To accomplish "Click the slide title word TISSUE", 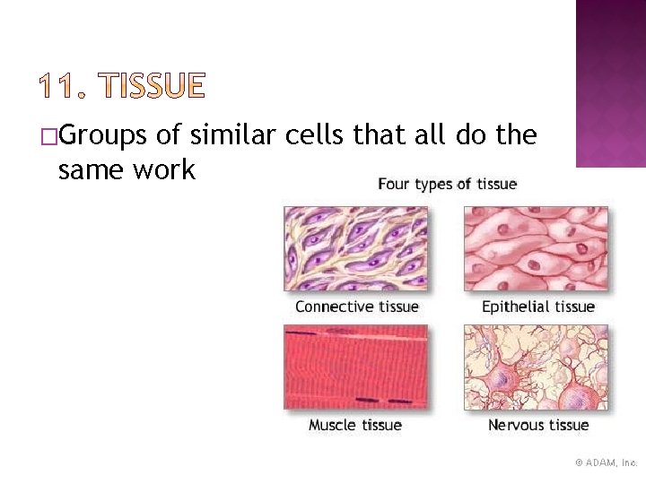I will point(154,86).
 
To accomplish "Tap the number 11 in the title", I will point(59,86).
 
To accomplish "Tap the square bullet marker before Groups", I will point(48,137).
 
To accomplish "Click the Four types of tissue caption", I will point(447,185).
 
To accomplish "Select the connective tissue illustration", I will point(356,248).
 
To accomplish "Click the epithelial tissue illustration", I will point(536,248).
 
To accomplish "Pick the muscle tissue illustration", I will point(356,367).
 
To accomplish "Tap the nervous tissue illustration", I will point(536,367).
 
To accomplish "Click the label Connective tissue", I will point(356,307).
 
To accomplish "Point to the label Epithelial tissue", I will point(537,307).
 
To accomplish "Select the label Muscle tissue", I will point(355,425).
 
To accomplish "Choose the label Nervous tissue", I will point(537,425).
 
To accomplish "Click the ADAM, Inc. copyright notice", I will point(606,462).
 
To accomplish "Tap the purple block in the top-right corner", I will point(610,82).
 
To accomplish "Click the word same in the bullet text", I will point(91,169).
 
